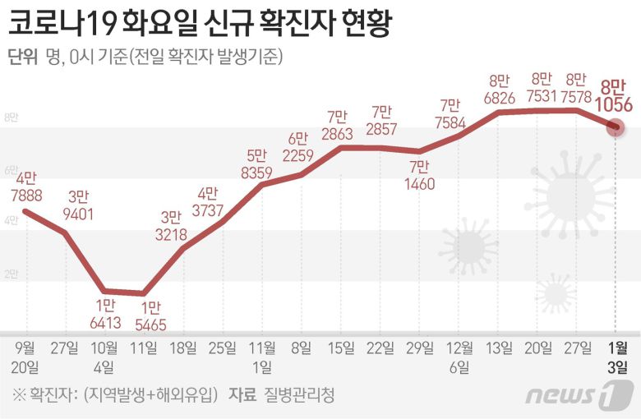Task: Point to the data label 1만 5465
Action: coord(148,315)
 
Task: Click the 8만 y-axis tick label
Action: coord(10,118)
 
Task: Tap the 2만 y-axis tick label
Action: coord(10,274)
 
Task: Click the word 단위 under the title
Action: coord(21,57)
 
